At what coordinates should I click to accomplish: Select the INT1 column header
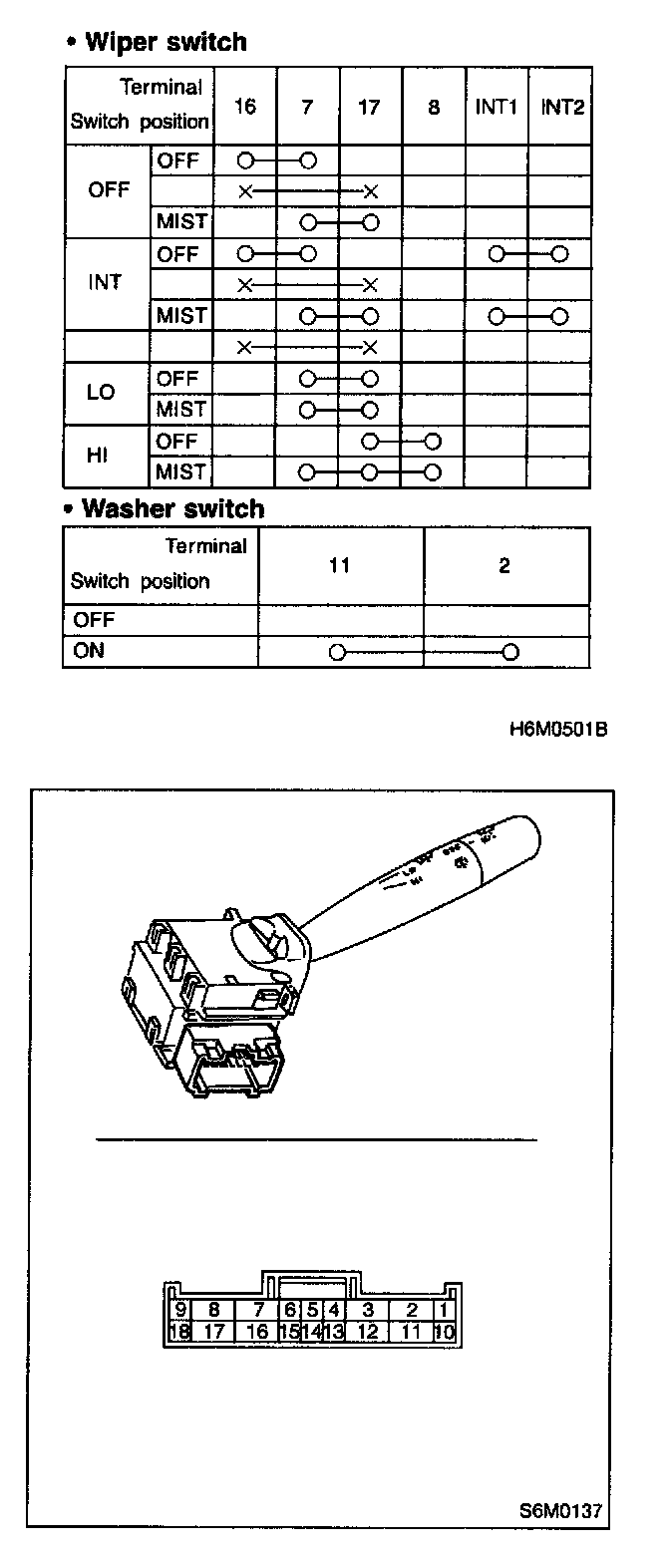pyautogui.click(x=495, y=107)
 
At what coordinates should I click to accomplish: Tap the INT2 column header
pyautogui.click(x=560, y=107)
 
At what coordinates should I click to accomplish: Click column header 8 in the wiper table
pyautogui.click(x=433, y=107)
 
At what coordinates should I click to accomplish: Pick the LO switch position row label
pyautogui.click(x=102, y=393)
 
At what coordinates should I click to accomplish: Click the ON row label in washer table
pyautogui.click(x=89, y=651)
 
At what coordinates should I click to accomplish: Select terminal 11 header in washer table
pyautogui.click(x=339, y=566)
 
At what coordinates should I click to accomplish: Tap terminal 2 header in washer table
pyautogui.click(x=504, y=566)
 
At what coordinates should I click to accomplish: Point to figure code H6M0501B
pyautogui.click(x=557, y=730)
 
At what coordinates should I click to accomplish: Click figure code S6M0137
pyautogui.click(x=559, y=1509)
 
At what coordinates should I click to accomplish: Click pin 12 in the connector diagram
pyautogui.click(x=367, y=1332)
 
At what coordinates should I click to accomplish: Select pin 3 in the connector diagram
pyautogui.click(x=367, y=1310)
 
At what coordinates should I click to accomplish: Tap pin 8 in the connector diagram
pyautogui.click(x=213, y=1310)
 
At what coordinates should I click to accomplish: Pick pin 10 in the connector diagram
pyautogui.click(x=445, y=1332)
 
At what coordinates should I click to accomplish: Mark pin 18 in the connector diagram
pyautogui.click(x=180, y=1332)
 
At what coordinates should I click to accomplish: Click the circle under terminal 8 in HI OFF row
pyautogui.click(x=432, y=441)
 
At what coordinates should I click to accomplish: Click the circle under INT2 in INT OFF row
pyautogui.click(x=559, y=254)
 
